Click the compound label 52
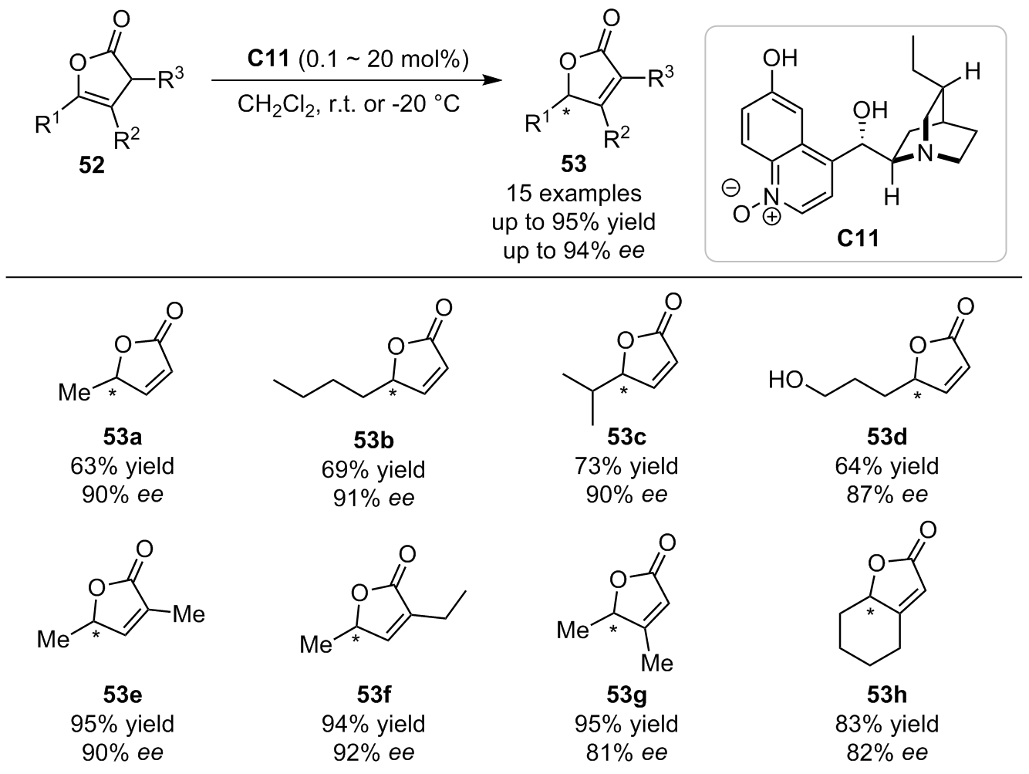92,165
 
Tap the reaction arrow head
492,80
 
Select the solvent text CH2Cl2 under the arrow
276,104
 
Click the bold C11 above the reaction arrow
268,59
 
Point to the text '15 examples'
574,193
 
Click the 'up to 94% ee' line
574,251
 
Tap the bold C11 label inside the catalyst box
858,238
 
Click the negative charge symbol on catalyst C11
730,188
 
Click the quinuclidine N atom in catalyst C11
925,154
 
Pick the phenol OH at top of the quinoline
781,58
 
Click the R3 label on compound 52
170,77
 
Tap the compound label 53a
123,437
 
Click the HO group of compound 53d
786,380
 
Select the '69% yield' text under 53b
373,469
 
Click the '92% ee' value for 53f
373,752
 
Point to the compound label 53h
886,695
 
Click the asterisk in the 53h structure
870,612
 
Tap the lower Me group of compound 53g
656,664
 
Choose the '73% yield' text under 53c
626,466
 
